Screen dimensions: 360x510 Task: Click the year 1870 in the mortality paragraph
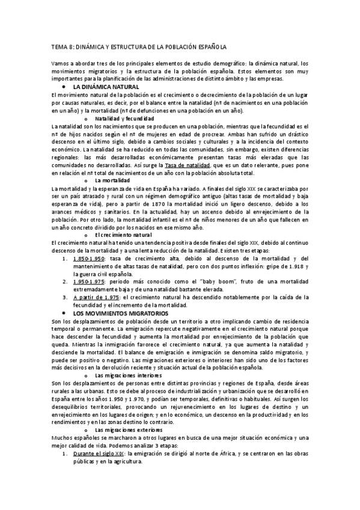click(174, 204)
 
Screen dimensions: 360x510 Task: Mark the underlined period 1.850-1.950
click(88, 258)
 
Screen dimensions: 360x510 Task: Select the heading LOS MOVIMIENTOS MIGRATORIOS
click(121, 313)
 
